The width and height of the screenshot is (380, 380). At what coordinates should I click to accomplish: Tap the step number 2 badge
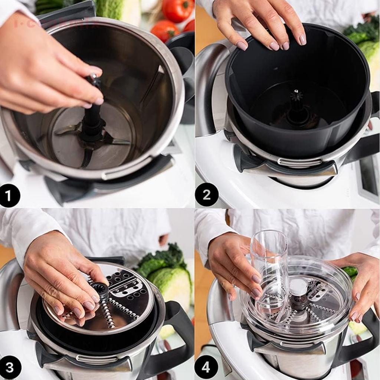pyautogui.click(x=206, y=194)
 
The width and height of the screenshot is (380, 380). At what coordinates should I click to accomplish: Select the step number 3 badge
pyautogui.click(x=10, y=367)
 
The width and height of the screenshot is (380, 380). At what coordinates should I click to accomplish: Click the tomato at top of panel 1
pyautogui.click(x=177, y=10)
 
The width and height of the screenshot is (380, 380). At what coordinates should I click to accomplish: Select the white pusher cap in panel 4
pyautogui.click(x=298, y=287)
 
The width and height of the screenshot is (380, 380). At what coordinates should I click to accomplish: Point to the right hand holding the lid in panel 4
pyautogui.click(x=362, y=282)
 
